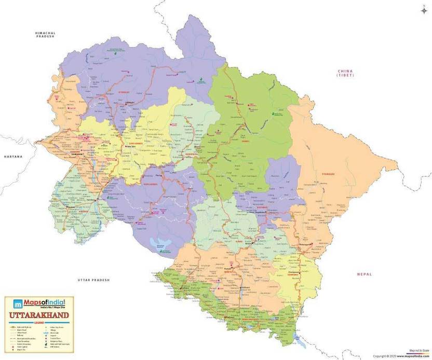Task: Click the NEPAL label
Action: pos(365,273)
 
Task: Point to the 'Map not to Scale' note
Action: pos(419,351)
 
